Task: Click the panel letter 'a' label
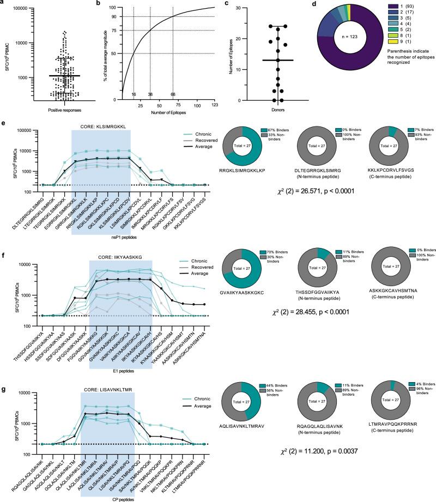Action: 3,4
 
